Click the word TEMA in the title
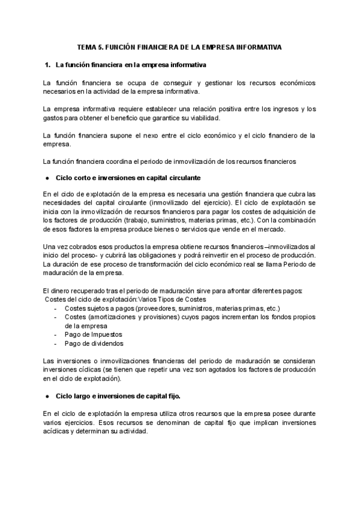pos(89,46)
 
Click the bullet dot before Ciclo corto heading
pos(47,179)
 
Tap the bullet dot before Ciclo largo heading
pos(47,397)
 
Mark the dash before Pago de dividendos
pos(56,344)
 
